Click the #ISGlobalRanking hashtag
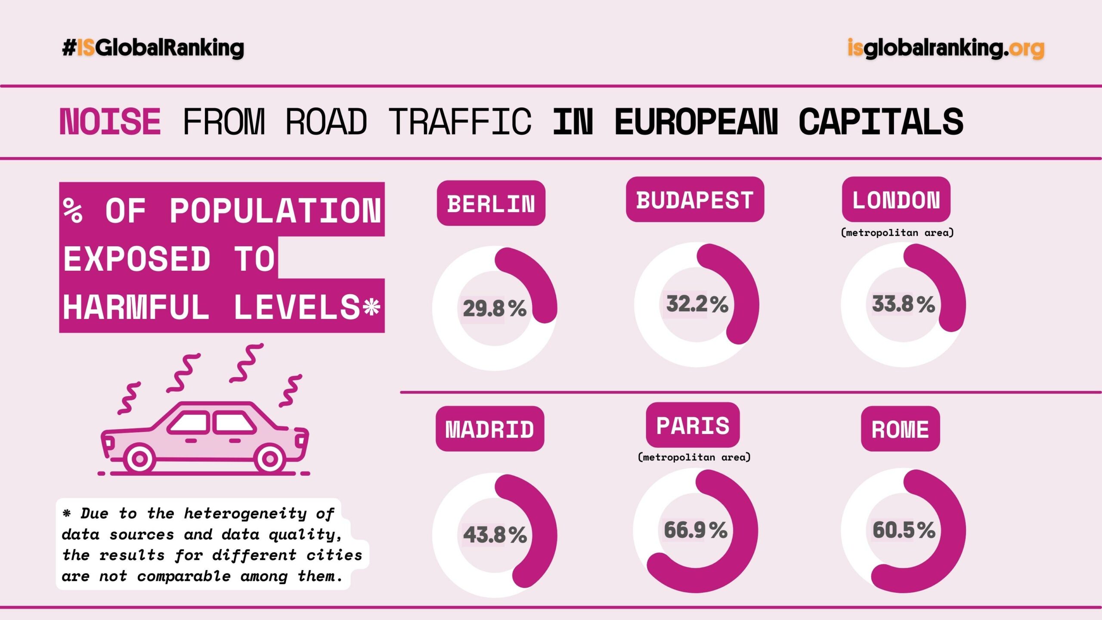pyautogui.click(x=153, y=48)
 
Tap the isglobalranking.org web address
pyautogui.click(x=946, y=48)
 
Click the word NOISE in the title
pyautogui.click(x=110, y=122)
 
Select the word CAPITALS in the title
pyautogui.click(x=881, y=122)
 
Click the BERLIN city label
pyautogui.click(x=491, y=203)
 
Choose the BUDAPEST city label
pyautogui.click(x=695, y=200)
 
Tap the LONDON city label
pyautogui.click(x=896, y=200)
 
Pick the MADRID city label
pyautogui.click(x=490, y=429)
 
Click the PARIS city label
pyautogui.click(x=693, y=425)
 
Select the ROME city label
pyautogui.click(x=900, y=429)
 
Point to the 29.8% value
pyautogui.click(x=495, y=308)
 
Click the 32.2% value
pyautogui.click(x=697, y=304)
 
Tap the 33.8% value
pyautogui.click(x=903, y=304)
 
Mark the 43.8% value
pyautogui.click(x=495, y=535)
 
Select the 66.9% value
pyautogui.click(x=696, y=530)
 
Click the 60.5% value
pyautogui.click(x=904, y=530)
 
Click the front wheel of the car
pyautogui.click(x=139, y=459)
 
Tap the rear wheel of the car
pyautogui.click(x=269, y=459)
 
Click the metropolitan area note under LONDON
pyautogui.click(x=897, y=233)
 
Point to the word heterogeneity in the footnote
pyautogui.click(x=245, y=513)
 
